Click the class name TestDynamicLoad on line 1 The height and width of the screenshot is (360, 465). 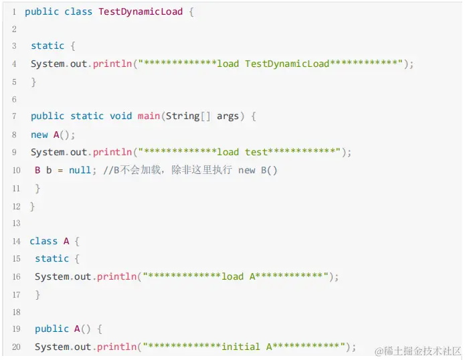tap(140, 12)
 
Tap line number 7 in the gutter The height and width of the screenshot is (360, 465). tap(14, 116)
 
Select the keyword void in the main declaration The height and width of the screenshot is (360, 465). tap(120, 116)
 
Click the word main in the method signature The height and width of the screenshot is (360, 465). tap(149, 116)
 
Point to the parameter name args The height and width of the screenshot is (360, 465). tap(227, 116)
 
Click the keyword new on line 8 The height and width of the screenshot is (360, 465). tap(39, 134)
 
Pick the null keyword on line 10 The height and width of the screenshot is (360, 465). tap(80, 170)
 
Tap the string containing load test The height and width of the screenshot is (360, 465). tap(240, 152)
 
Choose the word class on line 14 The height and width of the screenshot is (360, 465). tap(43, 241)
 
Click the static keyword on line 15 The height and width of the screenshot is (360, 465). tap(52, 258)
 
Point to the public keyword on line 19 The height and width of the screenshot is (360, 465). tap(52, 329)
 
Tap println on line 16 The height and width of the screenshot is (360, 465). tap(116, 276)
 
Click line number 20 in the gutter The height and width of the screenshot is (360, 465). tap(16, 347)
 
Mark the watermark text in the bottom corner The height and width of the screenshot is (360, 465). tap(418, 351)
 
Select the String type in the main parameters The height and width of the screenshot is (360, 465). tap(183, 116)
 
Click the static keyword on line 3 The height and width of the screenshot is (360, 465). tap(48, 46)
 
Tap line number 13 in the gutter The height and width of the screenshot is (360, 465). tap(16, 223)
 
